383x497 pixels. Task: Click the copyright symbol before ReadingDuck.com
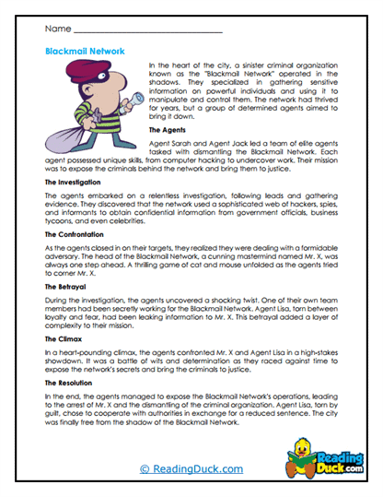[145, 469]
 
